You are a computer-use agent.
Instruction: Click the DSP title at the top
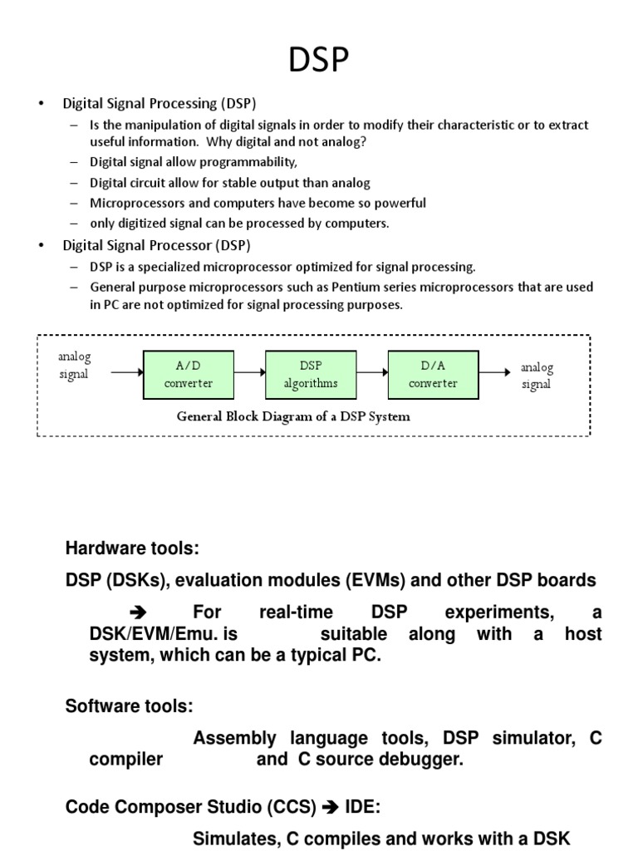click(x=318, y=60)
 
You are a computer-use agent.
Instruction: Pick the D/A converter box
click(x=433, y=374)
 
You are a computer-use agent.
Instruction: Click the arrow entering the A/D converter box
click(x=127, y=373)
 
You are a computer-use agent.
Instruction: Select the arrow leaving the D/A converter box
click(x=493, y=373)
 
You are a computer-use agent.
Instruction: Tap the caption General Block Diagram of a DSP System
click(x=293, y=416)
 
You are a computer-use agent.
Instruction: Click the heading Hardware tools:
click(x=133, y=549)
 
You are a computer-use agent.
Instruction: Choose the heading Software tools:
click(x=129, y=706)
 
